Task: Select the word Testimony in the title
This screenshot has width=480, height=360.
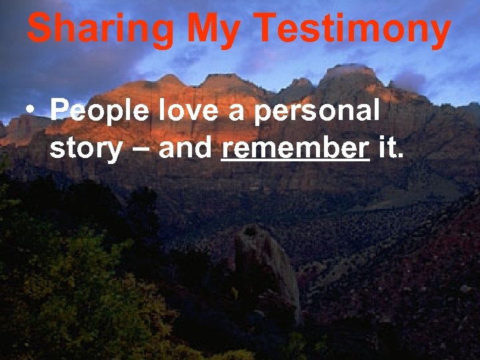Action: [353, 30]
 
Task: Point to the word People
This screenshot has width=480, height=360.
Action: [99, 111]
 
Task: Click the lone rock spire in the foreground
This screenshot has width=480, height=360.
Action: [267, 267]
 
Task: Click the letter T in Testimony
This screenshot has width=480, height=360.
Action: [267, 29]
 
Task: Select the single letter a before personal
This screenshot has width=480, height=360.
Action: [235, 113]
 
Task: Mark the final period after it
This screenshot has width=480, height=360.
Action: [400, 157]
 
